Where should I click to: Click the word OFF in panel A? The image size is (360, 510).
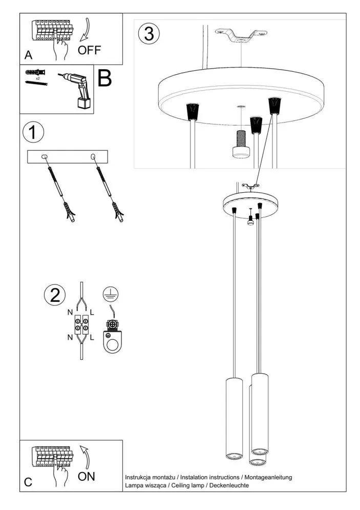(90, 50)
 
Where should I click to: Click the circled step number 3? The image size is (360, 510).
(149, 33)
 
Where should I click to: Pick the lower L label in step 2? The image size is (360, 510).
(92, 338)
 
